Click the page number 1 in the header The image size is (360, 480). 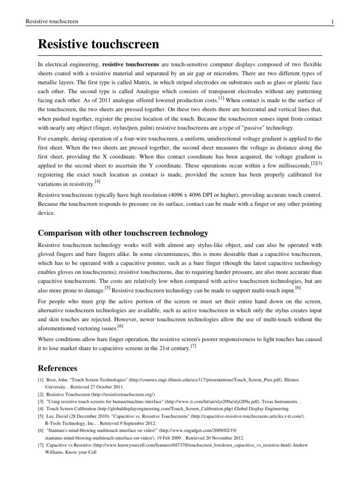point(331,22)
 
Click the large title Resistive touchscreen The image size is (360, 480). point(98,45)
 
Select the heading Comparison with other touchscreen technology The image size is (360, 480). point(123,233)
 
